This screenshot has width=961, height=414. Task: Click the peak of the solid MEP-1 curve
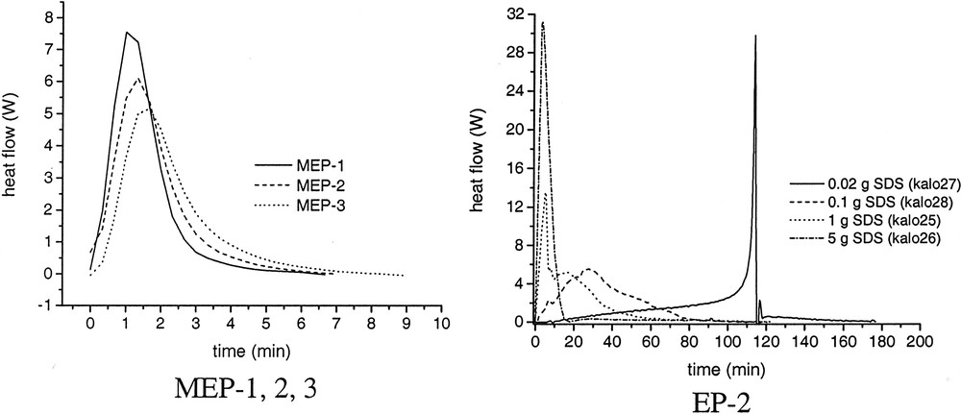126,33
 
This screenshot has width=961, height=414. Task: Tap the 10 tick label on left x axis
439,324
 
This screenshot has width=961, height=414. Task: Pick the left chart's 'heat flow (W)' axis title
19,158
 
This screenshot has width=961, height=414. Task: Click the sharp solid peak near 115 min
755,37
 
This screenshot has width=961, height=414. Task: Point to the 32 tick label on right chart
515,14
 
